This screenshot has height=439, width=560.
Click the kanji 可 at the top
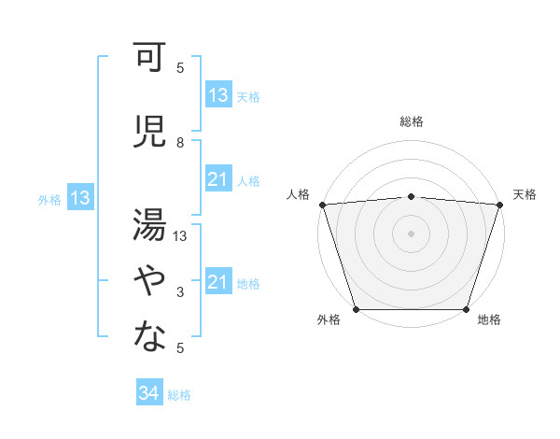point(148,60)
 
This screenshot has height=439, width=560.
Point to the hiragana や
point(148,280)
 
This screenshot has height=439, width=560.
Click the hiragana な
point(148,336)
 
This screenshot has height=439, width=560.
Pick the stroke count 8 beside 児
point(180,142)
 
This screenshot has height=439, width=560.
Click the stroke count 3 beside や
point(180,293)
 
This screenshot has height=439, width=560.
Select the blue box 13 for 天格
point(218,95)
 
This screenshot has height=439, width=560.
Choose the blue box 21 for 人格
point(218,179)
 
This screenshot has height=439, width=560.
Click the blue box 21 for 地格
point(218,282)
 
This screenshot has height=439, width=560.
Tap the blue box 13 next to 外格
point(80,198)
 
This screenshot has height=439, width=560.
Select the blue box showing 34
point(148,393)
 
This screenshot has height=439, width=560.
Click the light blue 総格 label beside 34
point(179,395)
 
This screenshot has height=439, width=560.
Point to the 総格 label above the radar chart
point(412,121)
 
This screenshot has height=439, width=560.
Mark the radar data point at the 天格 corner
point(500,205)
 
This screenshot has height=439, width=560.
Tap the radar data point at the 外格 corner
point(356,309)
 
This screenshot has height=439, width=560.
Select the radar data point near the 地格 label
point(467,309)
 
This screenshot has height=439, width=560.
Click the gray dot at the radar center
point(411,233)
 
